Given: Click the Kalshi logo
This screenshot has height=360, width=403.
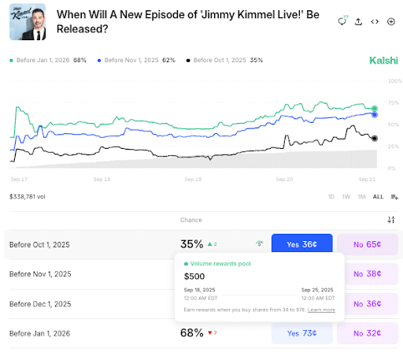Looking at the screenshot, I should pos(384,61).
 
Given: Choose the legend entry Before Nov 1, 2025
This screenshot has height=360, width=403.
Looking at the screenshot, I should pos(134,61).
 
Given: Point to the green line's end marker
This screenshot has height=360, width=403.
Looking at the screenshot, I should pos(375,108).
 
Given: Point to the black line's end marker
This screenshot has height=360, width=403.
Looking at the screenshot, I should pos(374,139).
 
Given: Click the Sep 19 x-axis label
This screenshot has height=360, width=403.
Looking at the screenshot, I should pos(193,180).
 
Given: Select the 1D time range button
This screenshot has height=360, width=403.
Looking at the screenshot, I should pos(331,196).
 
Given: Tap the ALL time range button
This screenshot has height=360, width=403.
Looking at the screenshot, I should pos(379,196).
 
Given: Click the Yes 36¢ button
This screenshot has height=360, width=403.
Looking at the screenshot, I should pos(301,244).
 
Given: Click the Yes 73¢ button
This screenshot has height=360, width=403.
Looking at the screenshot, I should pos(301,334).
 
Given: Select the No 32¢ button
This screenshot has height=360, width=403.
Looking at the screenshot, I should pos(368,334).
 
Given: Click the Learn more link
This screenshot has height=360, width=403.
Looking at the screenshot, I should pos(321,310).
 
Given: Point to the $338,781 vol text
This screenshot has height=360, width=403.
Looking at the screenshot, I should pos(28,196).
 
